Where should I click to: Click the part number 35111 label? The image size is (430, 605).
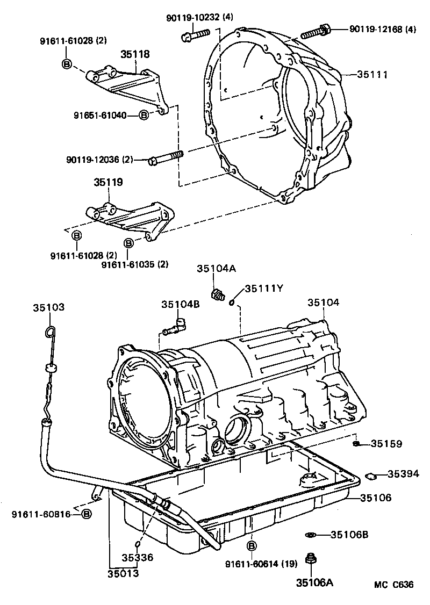373,75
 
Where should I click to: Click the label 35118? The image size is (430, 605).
135,54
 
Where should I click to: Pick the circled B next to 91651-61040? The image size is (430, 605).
144,114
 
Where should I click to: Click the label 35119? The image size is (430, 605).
108,182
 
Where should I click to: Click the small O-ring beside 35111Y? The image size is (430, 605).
231,302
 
